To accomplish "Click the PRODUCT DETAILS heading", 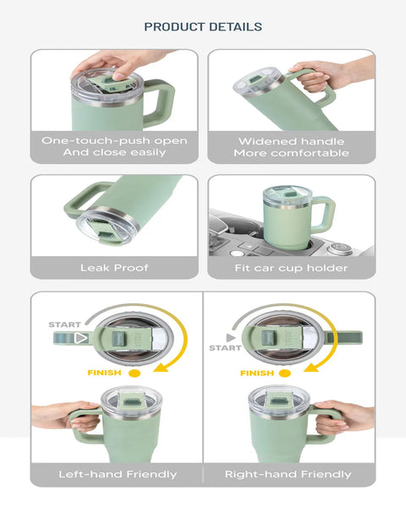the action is [x=203, y=27].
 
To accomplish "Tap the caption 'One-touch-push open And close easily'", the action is [x=114, y=146].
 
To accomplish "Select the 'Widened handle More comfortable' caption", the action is [x=291, y=147].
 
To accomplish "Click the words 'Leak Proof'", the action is [x=114, y=268].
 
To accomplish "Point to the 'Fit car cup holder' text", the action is [x=291, y=268].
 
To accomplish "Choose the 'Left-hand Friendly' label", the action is [x=118, y=474].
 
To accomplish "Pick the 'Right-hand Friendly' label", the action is [x=288, y=474].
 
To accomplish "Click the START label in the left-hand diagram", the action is [x=64, y=324].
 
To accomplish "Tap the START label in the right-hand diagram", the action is [x=225, y=348].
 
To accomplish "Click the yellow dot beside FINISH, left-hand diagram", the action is [x=134, y=373].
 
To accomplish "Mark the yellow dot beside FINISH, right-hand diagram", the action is [x=285, y=373].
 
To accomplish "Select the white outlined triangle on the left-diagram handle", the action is [x=81, y=338].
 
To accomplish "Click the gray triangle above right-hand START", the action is [x=231, y=338].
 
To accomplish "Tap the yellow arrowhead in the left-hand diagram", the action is [x=161, y=367].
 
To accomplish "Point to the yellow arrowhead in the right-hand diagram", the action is [x=310, y=368].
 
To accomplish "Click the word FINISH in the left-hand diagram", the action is [x=104, y=373].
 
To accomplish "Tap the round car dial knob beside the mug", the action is [x=338, y=248].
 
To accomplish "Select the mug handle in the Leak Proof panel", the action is [x=83, y=200].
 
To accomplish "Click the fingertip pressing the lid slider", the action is [x=118, y=76].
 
